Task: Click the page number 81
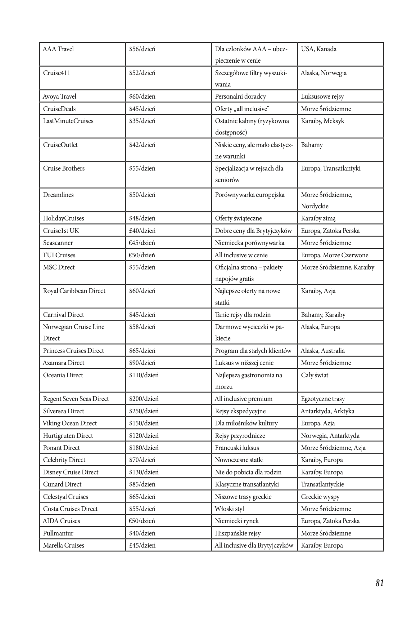(x=379, y=583)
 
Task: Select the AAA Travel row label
(x=58, y=49)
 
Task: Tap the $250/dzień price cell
(x=144, y=411)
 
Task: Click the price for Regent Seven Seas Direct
(x=144, y=399)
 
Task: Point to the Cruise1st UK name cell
(x=61, y=231)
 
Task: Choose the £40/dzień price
(x=142, y=231)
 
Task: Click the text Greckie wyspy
(x=320, y=497)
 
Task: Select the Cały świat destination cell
(x=314, y=375)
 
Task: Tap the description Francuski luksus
(x=237, y=448)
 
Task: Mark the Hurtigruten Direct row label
(x=68, y=436)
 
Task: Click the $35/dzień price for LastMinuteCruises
(x=142, y=121)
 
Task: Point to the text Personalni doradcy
(x=240, y=96)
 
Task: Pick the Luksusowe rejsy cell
(x=322, y=96)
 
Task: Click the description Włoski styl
(x=229, y=509)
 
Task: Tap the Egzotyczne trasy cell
(x=323, y=399)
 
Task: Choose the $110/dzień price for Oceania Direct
(x=144, y=375)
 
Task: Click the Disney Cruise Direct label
(x=70, y=472)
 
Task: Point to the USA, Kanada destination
(x=319, y=49)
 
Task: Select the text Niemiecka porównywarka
(x=250, y=243)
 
